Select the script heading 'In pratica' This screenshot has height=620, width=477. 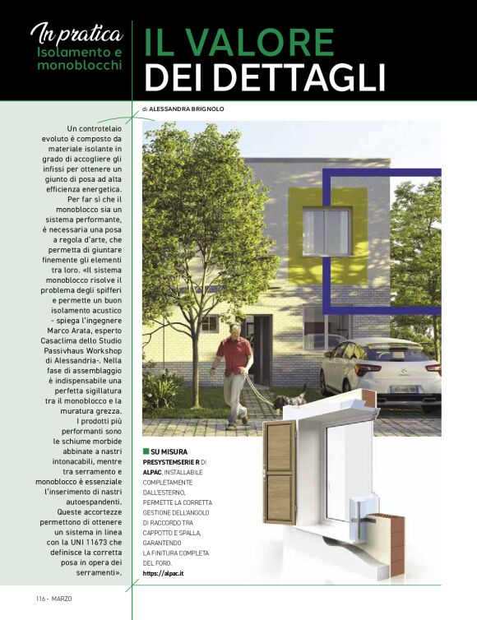77,33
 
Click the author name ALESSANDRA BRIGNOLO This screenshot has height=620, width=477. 188,109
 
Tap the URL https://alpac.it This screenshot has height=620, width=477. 163,572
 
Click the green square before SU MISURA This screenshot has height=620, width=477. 146,451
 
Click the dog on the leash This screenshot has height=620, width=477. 287,402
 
